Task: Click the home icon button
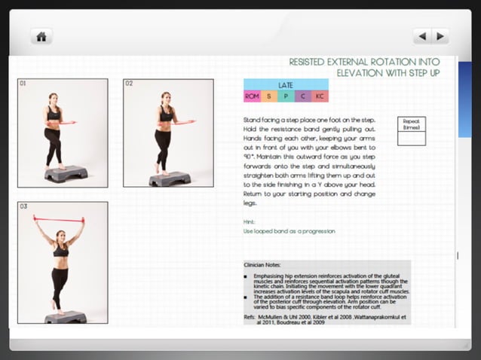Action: [x=41, y=35]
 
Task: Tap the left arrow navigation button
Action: [x=422, y=35]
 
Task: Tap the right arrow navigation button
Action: [x=440, y=35]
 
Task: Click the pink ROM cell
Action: [x=252, y=96]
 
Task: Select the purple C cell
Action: [x=303, y=96]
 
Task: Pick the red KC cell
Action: [x=320, y=96]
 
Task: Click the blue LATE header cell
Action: [x=286, y=85]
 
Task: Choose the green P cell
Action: [x=286, y=96]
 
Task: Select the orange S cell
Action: [x=268, y=96]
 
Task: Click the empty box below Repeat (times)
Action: [x=412, y=139]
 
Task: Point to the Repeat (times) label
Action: [x=412, y=124]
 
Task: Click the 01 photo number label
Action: [x=23, y=84]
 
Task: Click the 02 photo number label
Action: [x=129, y=84]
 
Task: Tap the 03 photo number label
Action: [x=23, y=206]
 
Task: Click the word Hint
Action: [x=250, y=222]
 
